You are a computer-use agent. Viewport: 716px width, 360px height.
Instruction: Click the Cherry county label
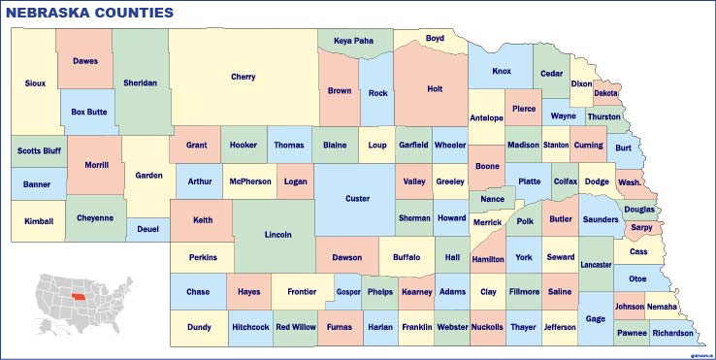coord(244,77)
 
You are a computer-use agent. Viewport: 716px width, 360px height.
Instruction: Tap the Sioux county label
coord(35,83)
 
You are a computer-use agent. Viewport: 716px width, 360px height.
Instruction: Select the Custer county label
coord(357,199)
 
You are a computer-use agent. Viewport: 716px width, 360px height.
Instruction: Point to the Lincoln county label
coord(277,235)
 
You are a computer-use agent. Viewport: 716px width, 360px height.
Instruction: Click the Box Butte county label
coord(89,112)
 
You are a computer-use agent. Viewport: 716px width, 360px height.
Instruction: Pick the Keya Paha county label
coord(353,41)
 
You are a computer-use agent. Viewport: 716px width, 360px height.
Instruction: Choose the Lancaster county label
coord(596,264)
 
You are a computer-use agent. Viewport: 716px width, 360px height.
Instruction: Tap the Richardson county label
coord(672,333)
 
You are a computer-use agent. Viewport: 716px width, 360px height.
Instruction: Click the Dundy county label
coord(199,327)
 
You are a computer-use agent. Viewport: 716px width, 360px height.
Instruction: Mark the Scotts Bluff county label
coord(39,151)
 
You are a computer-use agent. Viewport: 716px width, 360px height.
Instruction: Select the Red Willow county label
coord(295,327)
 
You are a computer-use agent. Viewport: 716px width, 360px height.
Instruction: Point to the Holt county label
coord(435,89)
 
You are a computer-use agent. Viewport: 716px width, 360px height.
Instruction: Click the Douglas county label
coord(639,209)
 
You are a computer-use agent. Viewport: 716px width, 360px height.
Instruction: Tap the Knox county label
coord(502,71)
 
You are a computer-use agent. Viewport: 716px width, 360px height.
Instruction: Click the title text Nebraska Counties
coord(90,13)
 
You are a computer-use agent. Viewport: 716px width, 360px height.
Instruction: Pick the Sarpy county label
coord(641,227)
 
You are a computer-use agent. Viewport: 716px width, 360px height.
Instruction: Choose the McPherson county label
coord(249,180)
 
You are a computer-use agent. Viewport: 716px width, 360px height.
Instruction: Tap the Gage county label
coord(596,318)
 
